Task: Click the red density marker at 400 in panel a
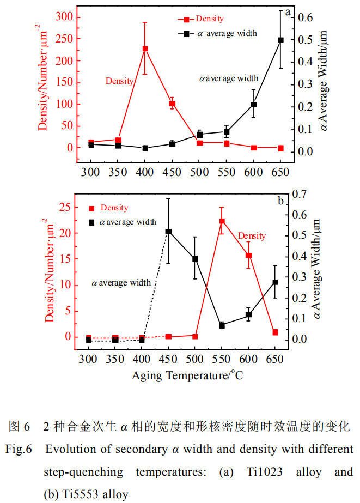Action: tap(145, 49)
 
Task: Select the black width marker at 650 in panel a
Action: tap(281, 40)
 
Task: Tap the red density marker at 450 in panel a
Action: tap(172, 104)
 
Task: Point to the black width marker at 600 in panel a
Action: tap(254, 104)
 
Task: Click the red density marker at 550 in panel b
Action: tap(222, 221)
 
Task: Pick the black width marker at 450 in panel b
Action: tap(168, 232)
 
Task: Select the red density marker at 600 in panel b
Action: tap(248, 256)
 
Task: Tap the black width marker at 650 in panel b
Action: tap(275, 282)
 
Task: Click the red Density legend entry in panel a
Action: tap(201, 19)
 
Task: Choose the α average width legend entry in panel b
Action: tap(123, 222)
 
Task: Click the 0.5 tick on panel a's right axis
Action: tap(306, 40)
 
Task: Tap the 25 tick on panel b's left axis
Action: tap(65, 207)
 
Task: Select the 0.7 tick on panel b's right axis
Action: tap(299, 194)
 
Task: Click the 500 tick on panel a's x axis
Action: tap(199, 172)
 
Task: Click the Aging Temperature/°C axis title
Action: tap(187, 375)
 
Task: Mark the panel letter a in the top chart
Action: tap(288, 12)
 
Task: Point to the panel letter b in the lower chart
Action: tap(281, 201)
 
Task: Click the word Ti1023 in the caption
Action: tap(265, 472)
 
